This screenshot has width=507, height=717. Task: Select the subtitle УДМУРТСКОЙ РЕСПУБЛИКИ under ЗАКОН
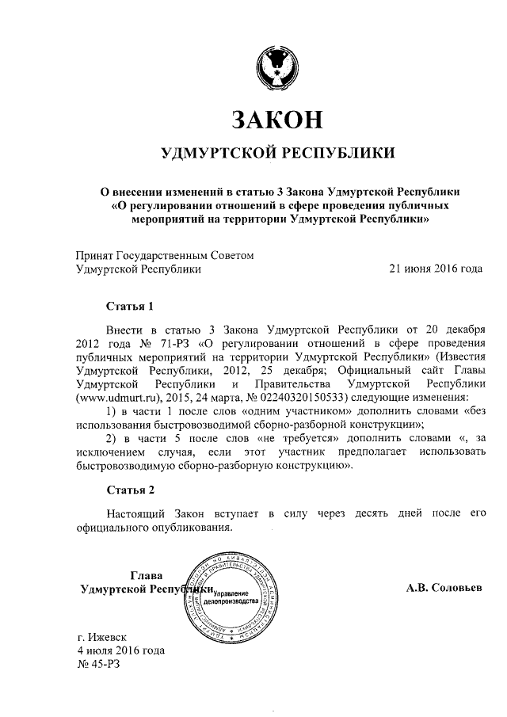(x=277, y=153)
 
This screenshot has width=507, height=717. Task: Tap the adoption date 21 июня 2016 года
(x=435, y=269)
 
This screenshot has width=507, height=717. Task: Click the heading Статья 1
(x=128, y=305)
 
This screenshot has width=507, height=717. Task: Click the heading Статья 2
(x=128, y=488)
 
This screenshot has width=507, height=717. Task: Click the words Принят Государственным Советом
(x=165, y=255)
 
